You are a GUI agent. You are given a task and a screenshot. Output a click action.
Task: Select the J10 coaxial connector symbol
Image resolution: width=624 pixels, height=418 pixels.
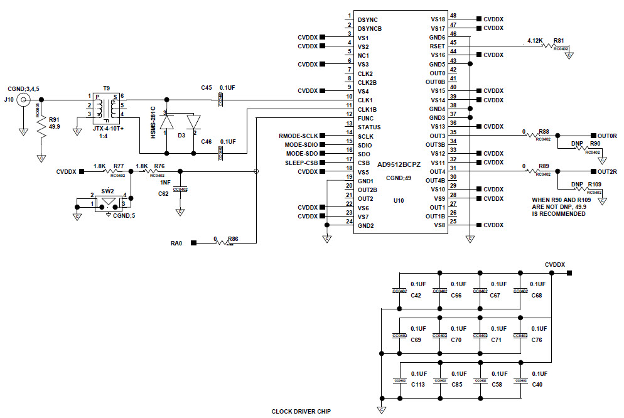24,100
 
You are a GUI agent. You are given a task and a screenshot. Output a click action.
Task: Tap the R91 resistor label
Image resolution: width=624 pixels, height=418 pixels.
54,119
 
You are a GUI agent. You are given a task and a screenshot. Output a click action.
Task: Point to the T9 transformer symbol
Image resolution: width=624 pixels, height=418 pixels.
105,107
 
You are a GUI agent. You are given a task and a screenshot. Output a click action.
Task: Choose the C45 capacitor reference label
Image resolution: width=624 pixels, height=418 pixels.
207,88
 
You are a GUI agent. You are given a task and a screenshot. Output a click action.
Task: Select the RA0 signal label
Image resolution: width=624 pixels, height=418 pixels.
176,243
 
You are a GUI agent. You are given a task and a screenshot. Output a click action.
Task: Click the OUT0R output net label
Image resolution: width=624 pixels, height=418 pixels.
607,136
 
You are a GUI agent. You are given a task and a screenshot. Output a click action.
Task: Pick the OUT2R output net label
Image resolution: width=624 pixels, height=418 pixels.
607,171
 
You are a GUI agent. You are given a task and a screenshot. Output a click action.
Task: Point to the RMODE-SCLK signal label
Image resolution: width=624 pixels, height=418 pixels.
298,136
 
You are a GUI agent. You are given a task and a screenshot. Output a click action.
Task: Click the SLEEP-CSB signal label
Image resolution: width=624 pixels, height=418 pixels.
301,163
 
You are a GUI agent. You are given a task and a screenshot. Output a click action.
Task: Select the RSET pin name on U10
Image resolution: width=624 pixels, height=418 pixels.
438,46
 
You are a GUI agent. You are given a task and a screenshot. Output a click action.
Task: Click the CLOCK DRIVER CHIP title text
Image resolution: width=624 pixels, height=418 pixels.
301,412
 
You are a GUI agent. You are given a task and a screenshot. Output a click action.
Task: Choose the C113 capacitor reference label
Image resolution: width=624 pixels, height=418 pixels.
417,384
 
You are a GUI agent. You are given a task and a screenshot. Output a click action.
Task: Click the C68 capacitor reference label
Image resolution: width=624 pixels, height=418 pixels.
537,296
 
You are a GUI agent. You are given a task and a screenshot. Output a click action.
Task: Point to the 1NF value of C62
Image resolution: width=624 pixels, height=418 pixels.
165,182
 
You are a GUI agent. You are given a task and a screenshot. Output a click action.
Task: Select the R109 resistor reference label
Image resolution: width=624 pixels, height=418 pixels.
594,185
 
